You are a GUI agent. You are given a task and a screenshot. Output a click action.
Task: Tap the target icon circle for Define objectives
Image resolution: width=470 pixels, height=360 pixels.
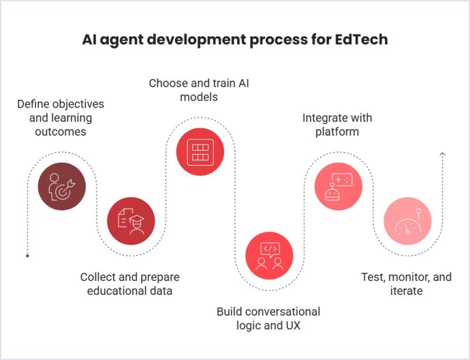pos(62,185)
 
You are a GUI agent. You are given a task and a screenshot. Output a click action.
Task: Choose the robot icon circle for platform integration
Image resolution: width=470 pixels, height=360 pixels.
pos(338,185)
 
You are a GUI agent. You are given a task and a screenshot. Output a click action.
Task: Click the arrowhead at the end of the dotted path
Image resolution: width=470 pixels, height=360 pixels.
pos(443,155)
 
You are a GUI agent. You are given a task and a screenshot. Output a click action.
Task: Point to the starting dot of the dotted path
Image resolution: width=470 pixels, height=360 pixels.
pos(27,256)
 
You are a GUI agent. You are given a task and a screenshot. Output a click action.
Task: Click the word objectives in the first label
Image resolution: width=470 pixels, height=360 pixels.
pos(80,104)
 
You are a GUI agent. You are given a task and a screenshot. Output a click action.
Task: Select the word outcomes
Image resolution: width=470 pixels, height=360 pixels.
pos(61,131)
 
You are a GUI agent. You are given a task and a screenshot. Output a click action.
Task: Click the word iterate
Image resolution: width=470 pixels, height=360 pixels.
pos(406,291)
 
